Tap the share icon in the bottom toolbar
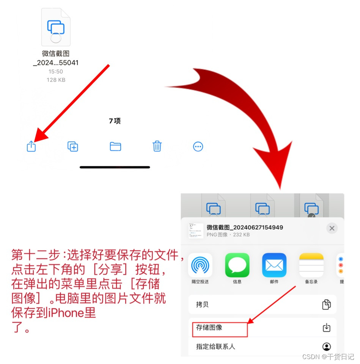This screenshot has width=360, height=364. [31, 146]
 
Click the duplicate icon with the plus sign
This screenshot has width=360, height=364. [73, 146]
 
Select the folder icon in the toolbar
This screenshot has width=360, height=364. [115, 146]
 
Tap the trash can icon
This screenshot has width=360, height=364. [157, 146]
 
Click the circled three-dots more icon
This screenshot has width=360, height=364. [198, 147]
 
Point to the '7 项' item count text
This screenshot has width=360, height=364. [115, 121]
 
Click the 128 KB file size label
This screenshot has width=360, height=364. [56, 80]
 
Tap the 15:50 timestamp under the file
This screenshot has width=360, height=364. [56, 72]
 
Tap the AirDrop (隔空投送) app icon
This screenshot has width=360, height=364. [200, 265]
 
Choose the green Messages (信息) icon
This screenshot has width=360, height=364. [237, 265]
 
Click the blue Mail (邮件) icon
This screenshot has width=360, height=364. [274, 265]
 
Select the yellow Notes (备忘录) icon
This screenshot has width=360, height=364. [311, 265]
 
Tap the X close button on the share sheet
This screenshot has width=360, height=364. [332, 228]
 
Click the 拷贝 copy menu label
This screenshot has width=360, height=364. [202, 304]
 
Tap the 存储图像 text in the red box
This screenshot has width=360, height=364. [209, 327]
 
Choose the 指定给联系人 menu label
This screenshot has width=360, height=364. [215, 347]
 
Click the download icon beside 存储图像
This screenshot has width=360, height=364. [327, 327]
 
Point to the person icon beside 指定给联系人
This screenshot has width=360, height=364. [327, 347]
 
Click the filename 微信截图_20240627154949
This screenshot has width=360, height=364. [245, 227]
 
